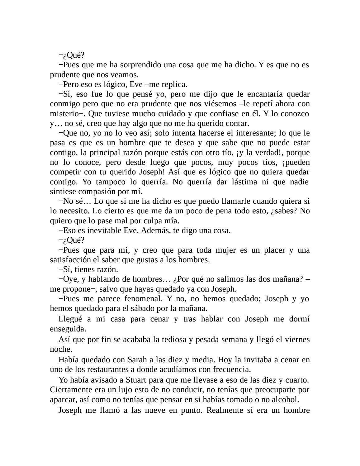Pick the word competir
coord(64,172)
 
